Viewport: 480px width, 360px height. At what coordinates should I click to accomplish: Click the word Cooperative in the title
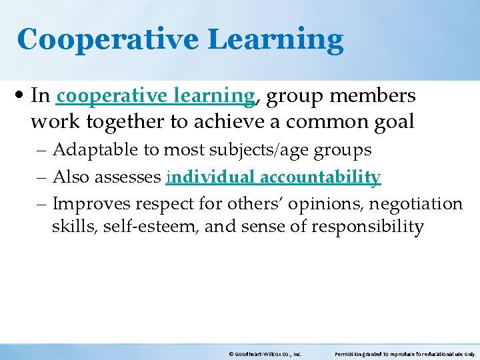[107, 40]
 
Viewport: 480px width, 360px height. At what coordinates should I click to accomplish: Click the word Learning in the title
[275, 40]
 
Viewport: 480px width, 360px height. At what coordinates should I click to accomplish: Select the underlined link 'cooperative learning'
[155, 97]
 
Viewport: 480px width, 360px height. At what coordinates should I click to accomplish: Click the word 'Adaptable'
[97, 151]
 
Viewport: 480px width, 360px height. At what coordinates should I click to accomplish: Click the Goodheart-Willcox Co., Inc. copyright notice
[265, 355]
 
